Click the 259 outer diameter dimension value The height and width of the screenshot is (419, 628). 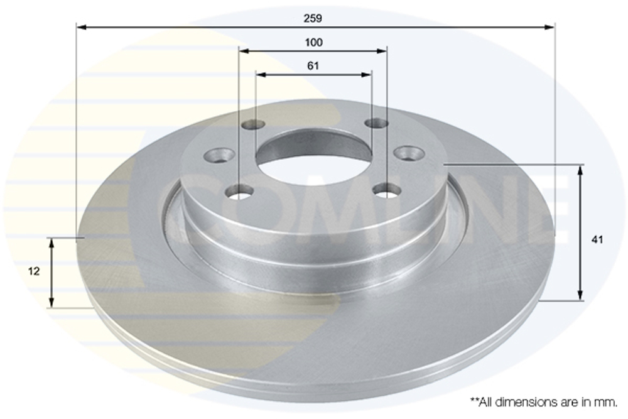coord(313,19)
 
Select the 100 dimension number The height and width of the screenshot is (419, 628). coord(313,43)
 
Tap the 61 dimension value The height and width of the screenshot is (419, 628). coord(313,66)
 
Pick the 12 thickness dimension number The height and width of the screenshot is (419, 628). coord(34,271)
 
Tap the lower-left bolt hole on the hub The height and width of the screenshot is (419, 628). coord(240,191)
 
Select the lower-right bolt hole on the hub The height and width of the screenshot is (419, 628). coord(387,190)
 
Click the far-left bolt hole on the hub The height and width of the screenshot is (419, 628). coord(219,154)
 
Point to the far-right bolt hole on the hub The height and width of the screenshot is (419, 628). coord(409,153)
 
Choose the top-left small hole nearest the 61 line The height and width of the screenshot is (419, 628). coord(254,124)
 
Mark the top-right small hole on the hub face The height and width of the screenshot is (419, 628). coord(377,122)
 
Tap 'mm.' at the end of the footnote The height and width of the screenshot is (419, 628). coord(607,400)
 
